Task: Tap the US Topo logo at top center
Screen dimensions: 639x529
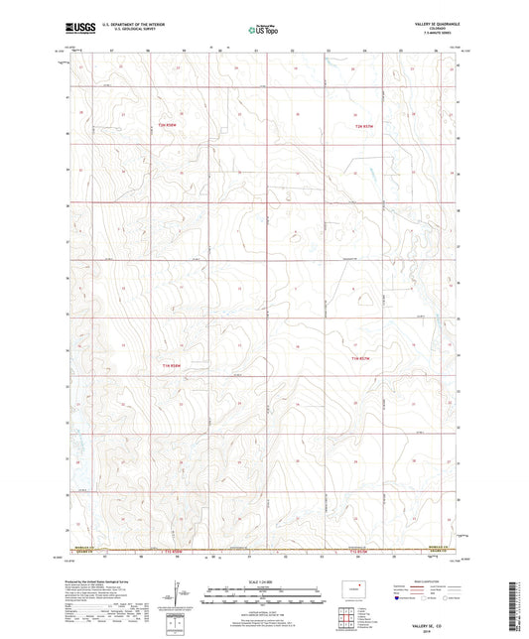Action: point(262,31)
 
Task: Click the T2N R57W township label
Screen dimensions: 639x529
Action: point(367,126)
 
